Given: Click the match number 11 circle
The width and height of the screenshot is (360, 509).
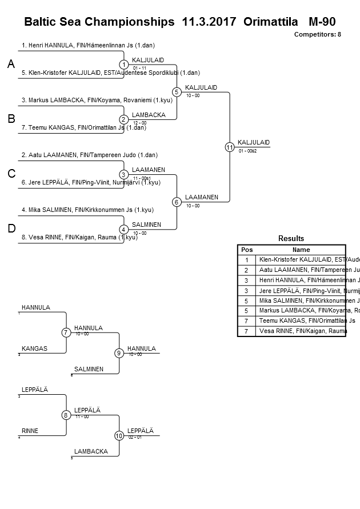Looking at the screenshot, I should (x=230, y=147).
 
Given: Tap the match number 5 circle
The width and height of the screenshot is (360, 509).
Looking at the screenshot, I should (x=177, y=92).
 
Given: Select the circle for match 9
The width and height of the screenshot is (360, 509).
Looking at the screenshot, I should (x=119, y=353).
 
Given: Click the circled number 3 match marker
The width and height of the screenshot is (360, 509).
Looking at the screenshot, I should (x=123, y=174).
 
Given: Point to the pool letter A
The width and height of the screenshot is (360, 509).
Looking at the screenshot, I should (x=11, y=65).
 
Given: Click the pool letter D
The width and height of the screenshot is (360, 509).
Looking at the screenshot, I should (x=11, y=229).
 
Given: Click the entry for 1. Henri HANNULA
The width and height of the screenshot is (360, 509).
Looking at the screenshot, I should (x=88, y=45).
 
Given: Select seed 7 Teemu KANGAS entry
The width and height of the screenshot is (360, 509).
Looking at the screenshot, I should (x=83, y=127).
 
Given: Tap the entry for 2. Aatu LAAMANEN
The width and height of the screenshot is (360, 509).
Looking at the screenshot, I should (x=89, y=155).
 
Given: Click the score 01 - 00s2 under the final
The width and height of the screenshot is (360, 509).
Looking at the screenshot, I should (x=247, y=151).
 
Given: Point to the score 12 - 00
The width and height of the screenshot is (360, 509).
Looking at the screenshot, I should (x=139, y=123).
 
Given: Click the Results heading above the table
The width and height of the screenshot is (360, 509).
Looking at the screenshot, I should (x=291, y=239).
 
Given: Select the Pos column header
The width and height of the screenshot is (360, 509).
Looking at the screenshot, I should (x=246, y=250).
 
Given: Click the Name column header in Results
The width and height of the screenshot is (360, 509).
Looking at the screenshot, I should (x=301, y=250).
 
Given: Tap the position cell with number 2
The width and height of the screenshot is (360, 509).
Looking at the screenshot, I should (x=246, y=270).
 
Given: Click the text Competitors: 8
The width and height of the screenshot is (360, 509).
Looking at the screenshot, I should (x=317, y=35).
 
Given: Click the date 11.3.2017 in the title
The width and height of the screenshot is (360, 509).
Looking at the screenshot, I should (x=209, y=22).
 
